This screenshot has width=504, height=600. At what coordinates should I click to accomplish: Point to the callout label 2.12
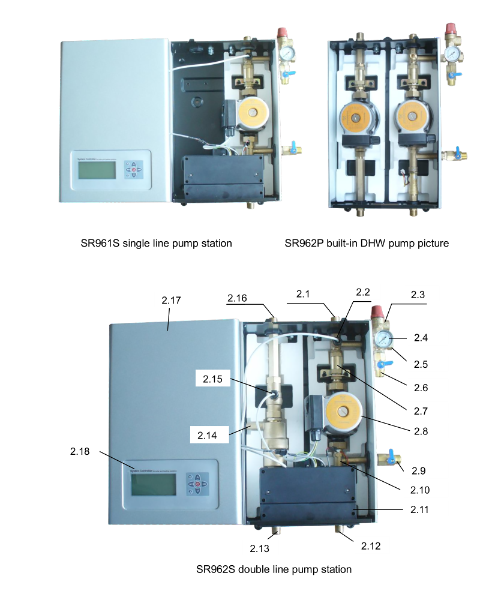371,546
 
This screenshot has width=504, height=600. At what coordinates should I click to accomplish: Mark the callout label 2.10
420,490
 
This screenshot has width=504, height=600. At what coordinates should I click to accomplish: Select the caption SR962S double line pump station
274,568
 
